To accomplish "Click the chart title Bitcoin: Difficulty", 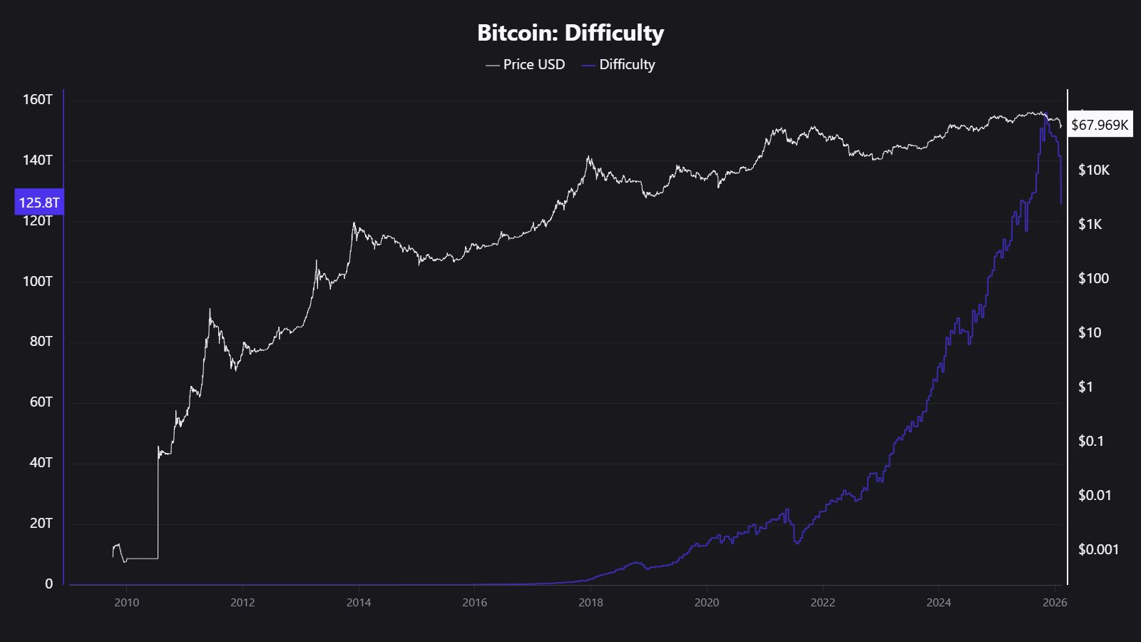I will click(570, 33).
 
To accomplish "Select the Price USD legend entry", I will click(526, 65).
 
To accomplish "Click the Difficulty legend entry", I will click(618, 65).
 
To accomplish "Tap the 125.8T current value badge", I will click(39, 203).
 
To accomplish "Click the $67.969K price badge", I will click(1100, 126).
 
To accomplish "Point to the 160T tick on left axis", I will click(38, 99).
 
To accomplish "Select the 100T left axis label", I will click(38, 281).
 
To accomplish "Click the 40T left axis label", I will click(41, 462).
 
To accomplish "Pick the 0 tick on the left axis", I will click(48, 584).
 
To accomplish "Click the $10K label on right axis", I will click(1093, 170).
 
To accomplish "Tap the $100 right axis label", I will click(1093, 279).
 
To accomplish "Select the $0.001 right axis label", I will click(1098, 549).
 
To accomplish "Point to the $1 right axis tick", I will click(1085, 387).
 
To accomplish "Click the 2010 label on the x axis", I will click(126, 603).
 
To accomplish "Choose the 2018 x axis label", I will click(590, 603).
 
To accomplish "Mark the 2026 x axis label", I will click(1054, 603).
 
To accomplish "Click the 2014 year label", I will click(359, 603).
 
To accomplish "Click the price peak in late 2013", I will click(354, 223).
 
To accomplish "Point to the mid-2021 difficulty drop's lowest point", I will click(797, 544).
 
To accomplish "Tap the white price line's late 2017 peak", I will click(588, 157).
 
